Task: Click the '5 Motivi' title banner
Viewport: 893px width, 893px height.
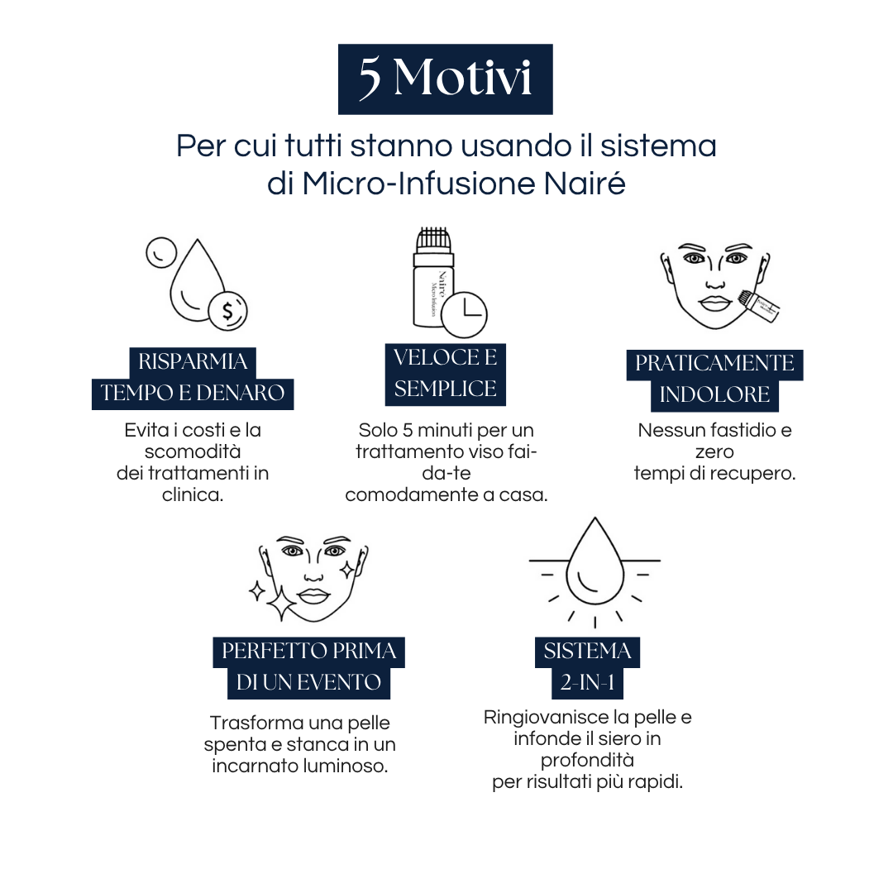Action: pyautogui.click(x=445, y=79)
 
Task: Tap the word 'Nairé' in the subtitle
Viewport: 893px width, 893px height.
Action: pyautogui.click(x=592, y=184)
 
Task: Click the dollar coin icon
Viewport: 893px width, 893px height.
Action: pyautogui.click(x=227, y=311)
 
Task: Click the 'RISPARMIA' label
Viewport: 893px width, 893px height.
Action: pyautogui.click(x=193, y=361)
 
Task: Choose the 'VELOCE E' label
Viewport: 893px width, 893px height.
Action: pyautogui.click(x=445, y=358)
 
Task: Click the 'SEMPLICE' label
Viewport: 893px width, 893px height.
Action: pyautogui.click(x=445, y=389)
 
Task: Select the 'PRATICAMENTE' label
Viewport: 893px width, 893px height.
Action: pyautogui.click(x=714, y=364)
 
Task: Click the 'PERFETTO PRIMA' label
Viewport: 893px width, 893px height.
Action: pyautogui.click(x=308, y=652)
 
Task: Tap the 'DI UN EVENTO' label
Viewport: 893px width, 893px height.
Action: pyautogui.click(x=308, y=683)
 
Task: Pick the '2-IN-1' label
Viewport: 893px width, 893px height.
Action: pyautogui.click(x=587, y=683)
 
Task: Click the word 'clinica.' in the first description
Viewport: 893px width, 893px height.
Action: pyautogui.click(x=193, y=496)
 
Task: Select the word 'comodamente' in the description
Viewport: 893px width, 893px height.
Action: pyautogui.click(x=397, y=495)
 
